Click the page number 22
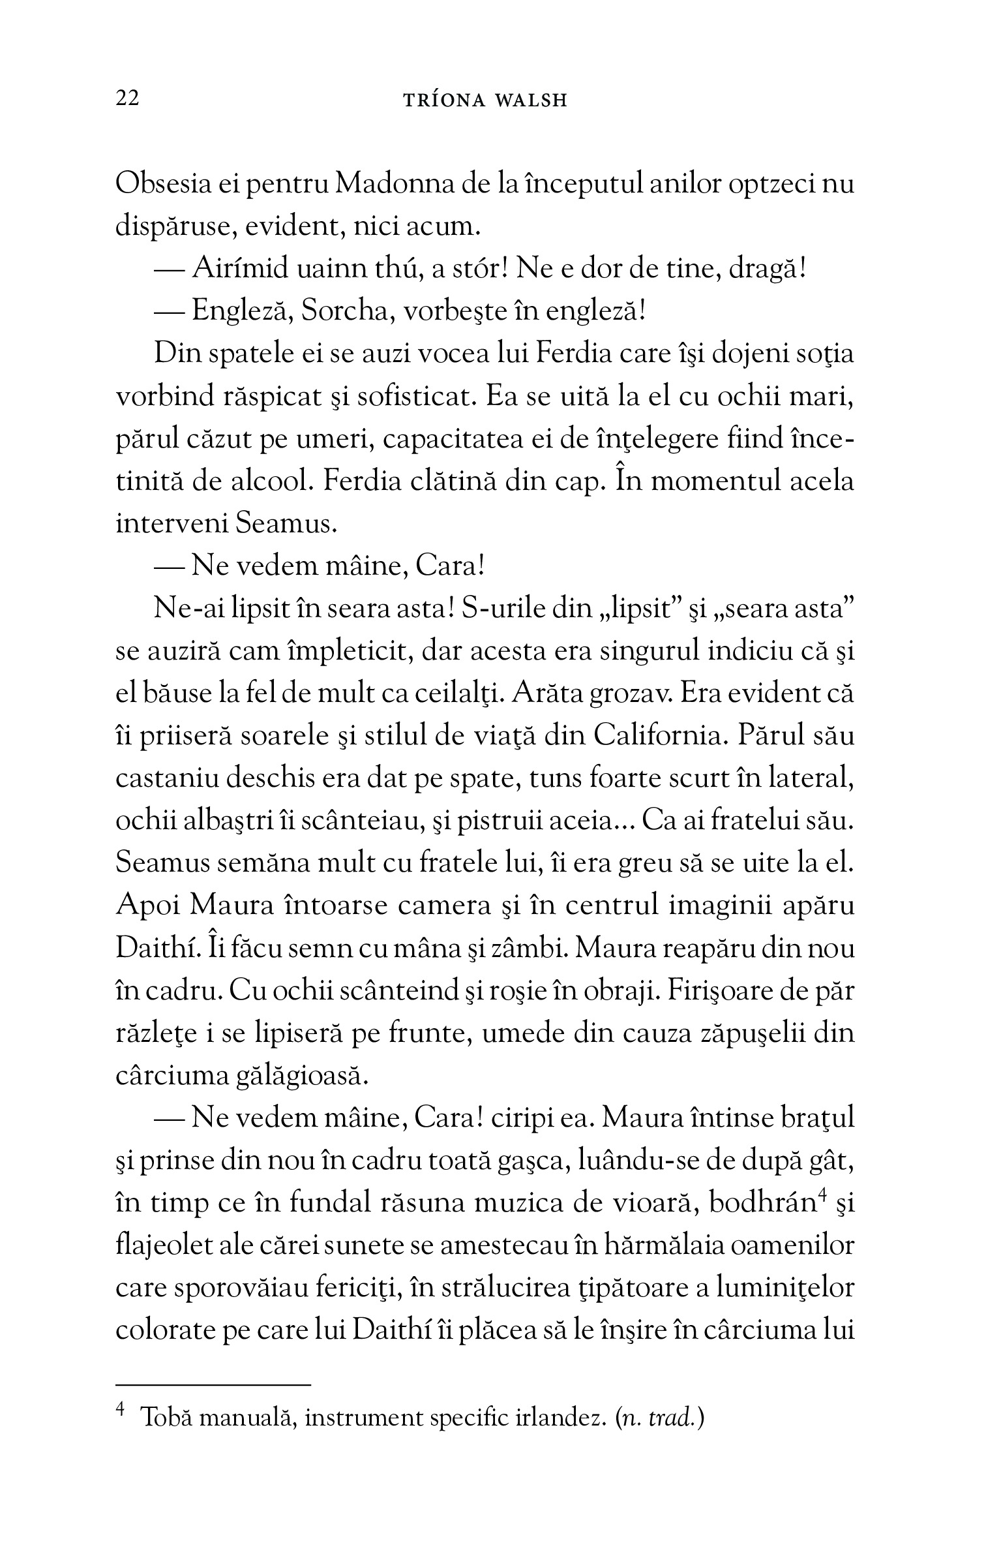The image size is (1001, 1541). [127, 99]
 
